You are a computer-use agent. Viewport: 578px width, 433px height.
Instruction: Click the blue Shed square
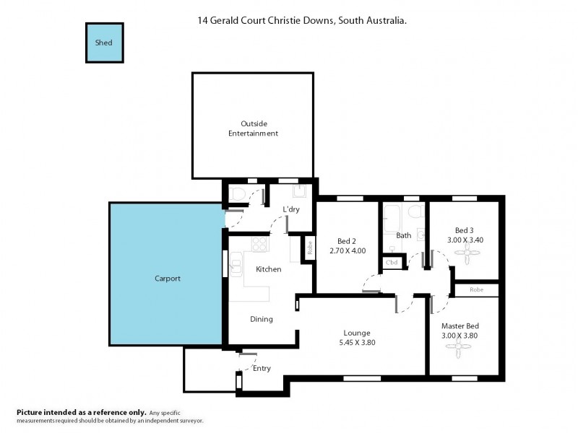click(x=104, y=43)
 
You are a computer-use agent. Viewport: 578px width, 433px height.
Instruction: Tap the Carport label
click(x=167, y=278)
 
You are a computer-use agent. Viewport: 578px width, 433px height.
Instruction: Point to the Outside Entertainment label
click(x=253, y=128)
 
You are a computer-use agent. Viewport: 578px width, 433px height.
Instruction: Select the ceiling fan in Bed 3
click(x=465, y=253)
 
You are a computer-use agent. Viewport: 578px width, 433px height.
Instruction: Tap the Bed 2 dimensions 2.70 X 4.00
click(x=348, y=250)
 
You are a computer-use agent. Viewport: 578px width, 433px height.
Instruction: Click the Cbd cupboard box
click(x=392, y=263)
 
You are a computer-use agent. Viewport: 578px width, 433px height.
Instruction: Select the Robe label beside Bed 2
click(x=309, y=248)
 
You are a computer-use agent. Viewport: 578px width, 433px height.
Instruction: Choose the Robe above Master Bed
click(x=475, y=289)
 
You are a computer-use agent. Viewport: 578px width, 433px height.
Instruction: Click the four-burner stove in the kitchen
click(x=259, y=246)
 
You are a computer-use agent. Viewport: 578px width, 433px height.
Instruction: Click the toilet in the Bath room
click(x=415, y=211)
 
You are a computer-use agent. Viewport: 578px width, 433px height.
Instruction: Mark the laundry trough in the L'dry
click(x=300, y=191)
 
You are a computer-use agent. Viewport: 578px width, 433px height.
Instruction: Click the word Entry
click(x=262, y=368)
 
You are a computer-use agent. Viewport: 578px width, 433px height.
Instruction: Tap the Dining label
click(x=262, y=319)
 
